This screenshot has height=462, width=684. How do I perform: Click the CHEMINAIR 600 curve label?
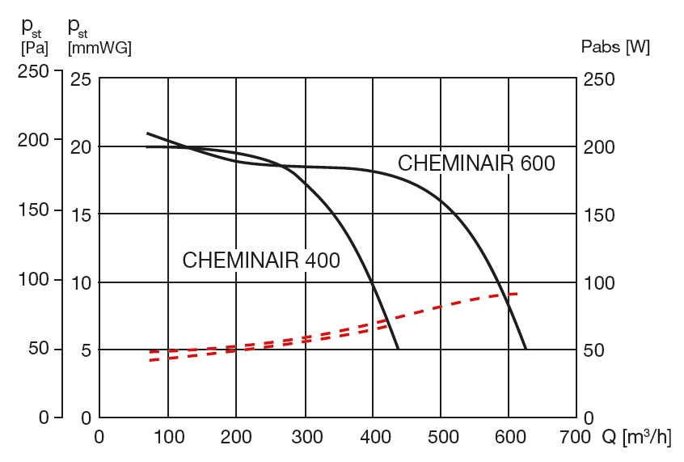click(476, 163)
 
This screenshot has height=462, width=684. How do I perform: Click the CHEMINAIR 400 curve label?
click(261, 261)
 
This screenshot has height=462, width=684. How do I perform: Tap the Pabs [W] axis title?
click(615, 47)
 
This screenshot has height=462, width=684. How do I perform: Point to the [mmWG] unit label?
click(99, 48)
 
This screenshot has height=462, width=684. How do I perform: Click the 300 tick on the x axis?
click(304, 438)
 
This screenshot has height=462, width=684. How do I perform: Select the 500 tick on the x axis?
click(441, 438)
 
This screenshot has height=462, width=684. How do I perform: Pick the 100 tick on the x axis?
click(167, 438)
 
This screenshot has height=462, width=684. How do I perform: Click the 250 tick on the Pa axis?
click(34, 71)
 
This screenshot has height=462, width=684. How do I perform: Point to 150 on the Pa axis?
click(34, 210)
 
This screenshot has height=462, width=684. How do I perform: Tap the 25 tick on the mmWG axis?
click(82, 79)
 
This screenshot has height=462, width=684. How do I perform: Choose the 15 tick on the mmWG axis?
click(82, 214)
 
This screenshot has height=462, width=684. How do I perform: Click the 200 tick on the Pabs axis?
click(599, 147)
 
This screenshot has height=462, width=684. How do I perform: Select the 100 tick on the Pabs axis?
click(599, 282)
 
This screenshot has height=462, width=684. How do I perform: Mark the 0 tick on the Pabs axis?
click(589, 418)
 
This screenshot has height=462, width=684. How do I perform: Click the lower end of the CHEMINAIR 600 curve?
click(526, 348)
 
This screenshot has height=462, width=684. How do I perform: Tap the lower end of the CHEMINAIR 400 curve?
click(398, 348)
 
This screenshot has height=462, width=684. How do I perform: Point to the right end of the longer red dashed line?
click(517, 293)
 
